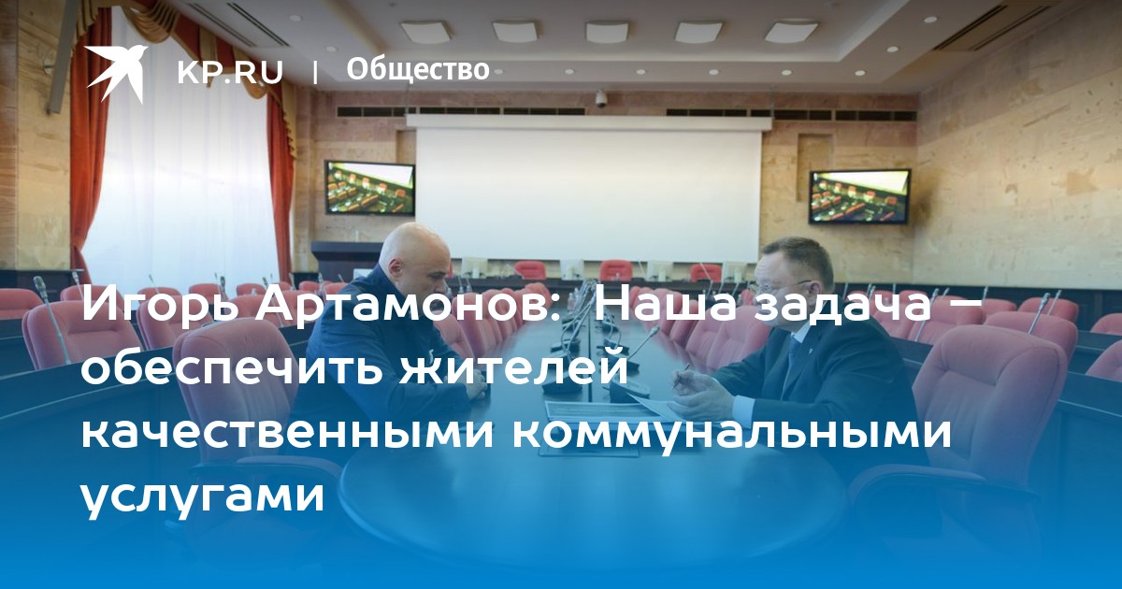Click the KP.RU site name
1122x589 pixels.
pyautogui.click(x=230, y=72)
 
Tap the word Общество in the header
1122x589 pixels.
pyautogui.click(x=418, y=69)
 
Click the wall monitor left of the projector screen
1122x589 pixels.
pyautogui.click(x=369, y=187)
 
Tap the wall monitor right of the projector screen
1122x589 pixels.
pyautogui.click(x=859, y=196)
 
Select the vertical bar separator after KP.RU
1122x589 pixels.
pyautogui.click(x=315, y=72)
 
